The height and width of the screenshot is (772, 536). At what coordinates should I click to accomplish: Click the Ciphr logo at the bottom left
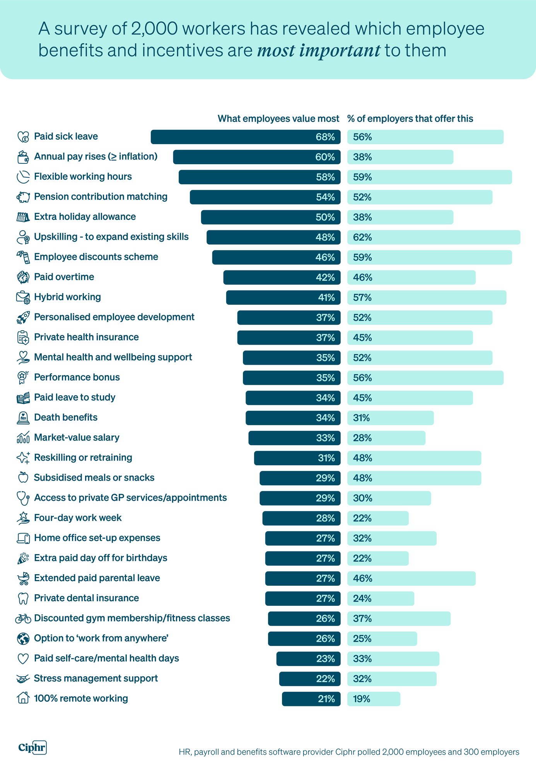(x=32, y=747)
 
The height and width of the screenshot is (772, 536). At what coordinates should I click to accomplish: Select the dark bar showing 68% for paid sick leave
(x=245, y=137)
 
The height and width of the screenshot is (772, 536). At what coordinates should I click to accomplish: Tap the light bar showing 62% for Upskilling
(x=433, y=237)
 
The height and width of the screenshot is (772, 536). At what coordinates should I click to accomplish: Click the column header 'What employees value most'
(x=278, y=119)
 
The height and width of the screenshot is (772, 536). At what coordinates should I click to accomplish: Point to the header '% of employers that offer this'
(x=410, y=119)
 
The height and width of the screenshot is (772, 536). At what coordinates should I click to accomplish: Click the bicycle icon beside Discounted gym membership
(x=23, y=619)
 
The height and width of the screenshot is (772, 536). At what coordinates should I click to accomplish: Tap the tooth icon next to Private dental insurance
(x=23, y=599)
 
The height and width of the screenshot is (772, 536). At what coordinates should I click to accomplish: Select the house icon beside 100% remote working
(x=23, y=699)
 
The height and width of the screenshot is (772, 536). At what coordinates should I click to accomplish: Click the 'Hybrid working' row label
(x=67, y=297)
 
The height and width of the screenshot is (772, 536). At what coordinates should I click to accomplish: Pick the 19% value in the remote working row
(x=361, y=699)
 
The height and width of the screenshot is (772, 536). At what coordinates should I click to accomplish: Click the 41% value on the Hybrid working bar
(x=326, y=298)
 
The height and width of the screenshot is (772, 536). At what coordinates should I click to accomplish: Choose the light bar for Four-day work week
(x=377, y=518)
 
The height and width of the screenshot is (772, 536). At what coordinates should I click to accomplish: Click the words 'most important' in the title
(x=319, y=51)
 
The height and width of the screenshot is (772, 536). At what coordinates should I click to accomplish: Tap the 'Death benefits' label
(x=66, y=418)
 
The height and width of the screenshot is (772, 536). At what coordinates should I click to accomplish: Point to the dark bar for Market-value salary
(x=294, y=438)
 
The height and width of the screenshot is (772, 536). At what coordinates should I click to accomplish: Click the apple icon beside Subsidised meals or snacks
(x=23, y=478)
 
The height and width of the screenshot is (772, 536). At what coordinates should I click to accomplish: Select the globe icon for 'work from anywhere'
(x=23, y=639)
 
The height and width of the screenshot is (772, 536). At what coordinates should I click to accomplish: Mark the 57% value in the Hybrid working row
(x=362, y=298)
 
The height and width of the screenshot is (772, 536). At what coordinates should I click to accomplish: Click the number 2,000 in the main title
(x=154, y=29)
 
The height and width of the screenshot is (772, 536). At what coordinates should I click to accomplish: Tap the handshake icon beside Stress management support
(x=23, y=679)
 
